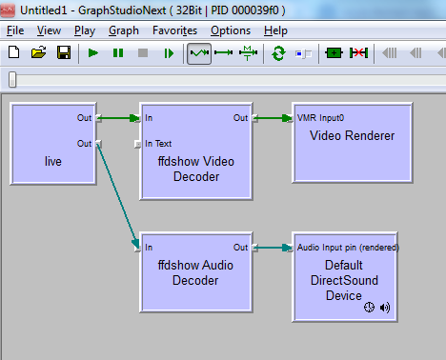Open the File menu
coord(15,30)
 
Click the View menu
coord(49,30)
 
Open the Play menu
coord(84,30)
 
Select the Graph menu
coord(123,30)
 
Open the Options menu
coord(231,30)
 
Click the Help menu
coord(275,30)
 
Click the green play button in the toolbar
coord(93,53)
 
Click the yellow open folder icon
coord(38,53)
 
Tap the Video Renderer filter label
coord(352,136)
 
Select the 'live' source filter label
coord(53,162)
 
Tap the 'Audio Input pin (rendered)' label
coord(348,248)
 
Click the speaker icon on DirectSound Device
coord(385,309)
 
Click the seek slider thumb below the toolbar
coord(12,79)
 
